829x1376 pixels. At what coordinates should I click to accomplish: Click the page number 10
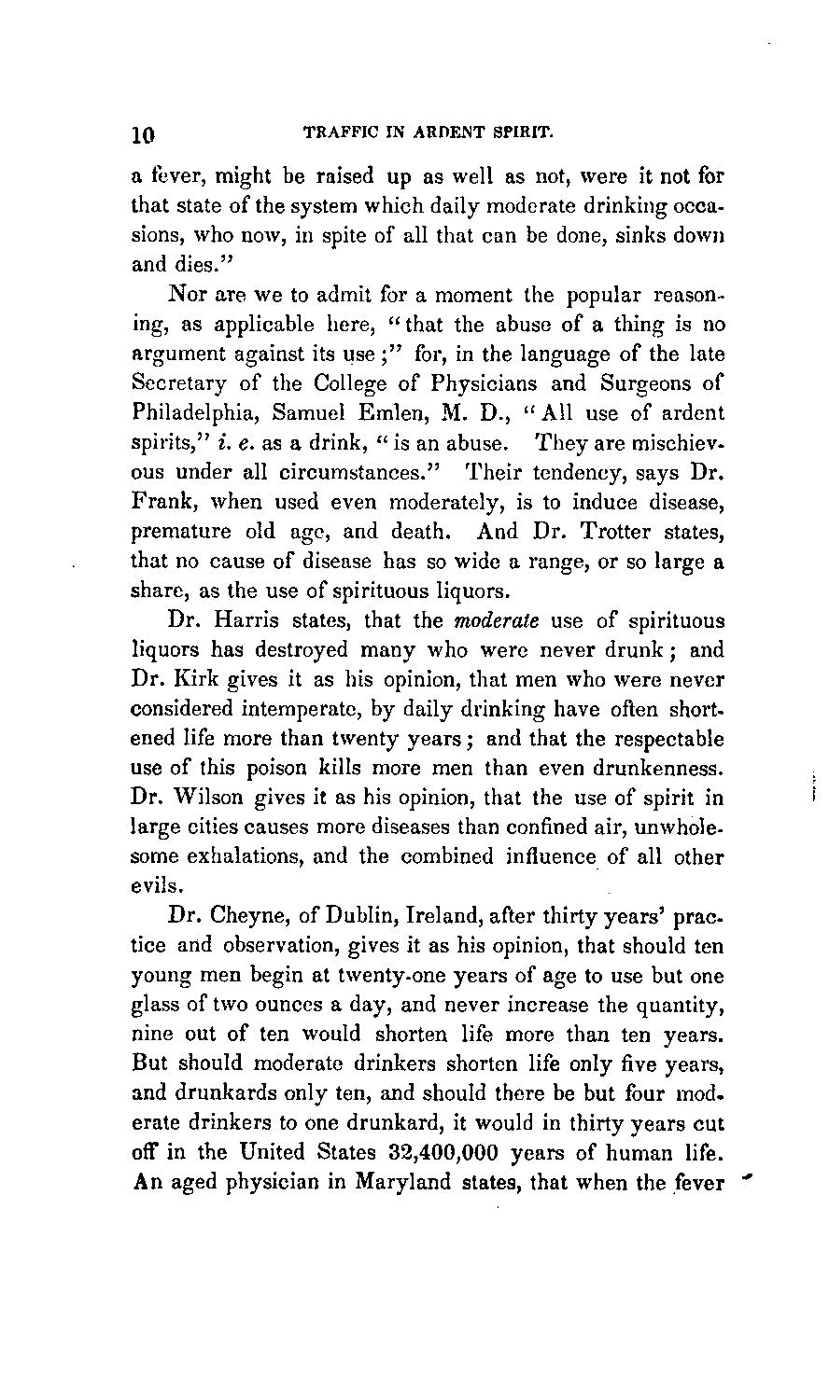point(141,133)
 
